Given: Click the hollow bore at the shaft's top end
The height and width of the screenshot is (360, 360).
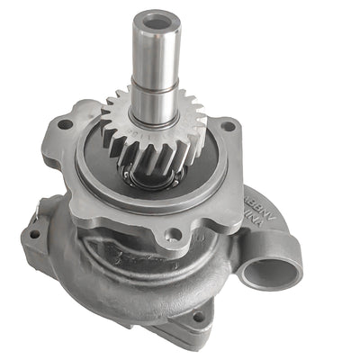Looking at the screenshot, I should [157, 16].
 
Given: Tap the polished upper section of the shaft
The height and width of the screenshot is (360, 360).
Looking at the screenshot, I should [157, 45].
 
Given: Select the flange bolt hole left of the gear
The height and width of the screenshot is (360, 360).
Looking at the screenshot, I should [65, 124].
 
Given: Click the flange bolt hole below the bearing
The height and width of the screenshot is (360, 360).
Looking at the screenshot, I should [172, 235].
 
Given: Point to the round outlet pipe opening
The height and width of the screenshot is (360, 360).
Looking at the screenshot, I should [270, 269].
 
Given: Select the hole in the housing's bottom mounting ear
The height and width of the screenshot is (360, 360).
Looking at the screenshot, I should [197, 317].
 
